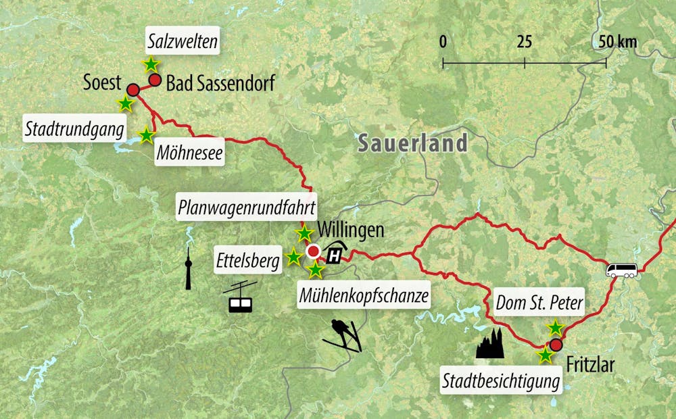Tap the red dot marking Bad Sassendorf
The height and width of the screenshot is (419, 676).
155,80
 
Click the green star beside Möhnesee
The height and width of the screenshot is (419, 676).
146,135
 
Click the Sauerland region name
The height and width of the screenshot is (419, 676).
412,143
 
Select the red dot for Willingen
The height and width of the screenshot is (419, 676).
313,252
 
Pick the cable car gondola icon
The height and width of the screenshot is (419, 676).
240,297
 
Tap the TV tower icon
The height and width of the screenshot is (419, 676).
189,268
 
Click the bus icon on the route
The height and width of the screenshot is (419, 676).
622,271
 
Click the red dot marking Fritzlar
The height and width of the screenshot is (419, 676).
556,345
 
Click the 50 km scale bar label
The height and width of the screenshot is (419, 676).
617,42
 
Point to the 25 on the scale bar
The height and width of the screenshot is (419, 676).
524,42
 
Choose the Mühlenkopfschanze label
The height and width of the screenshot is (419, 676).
363,295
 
